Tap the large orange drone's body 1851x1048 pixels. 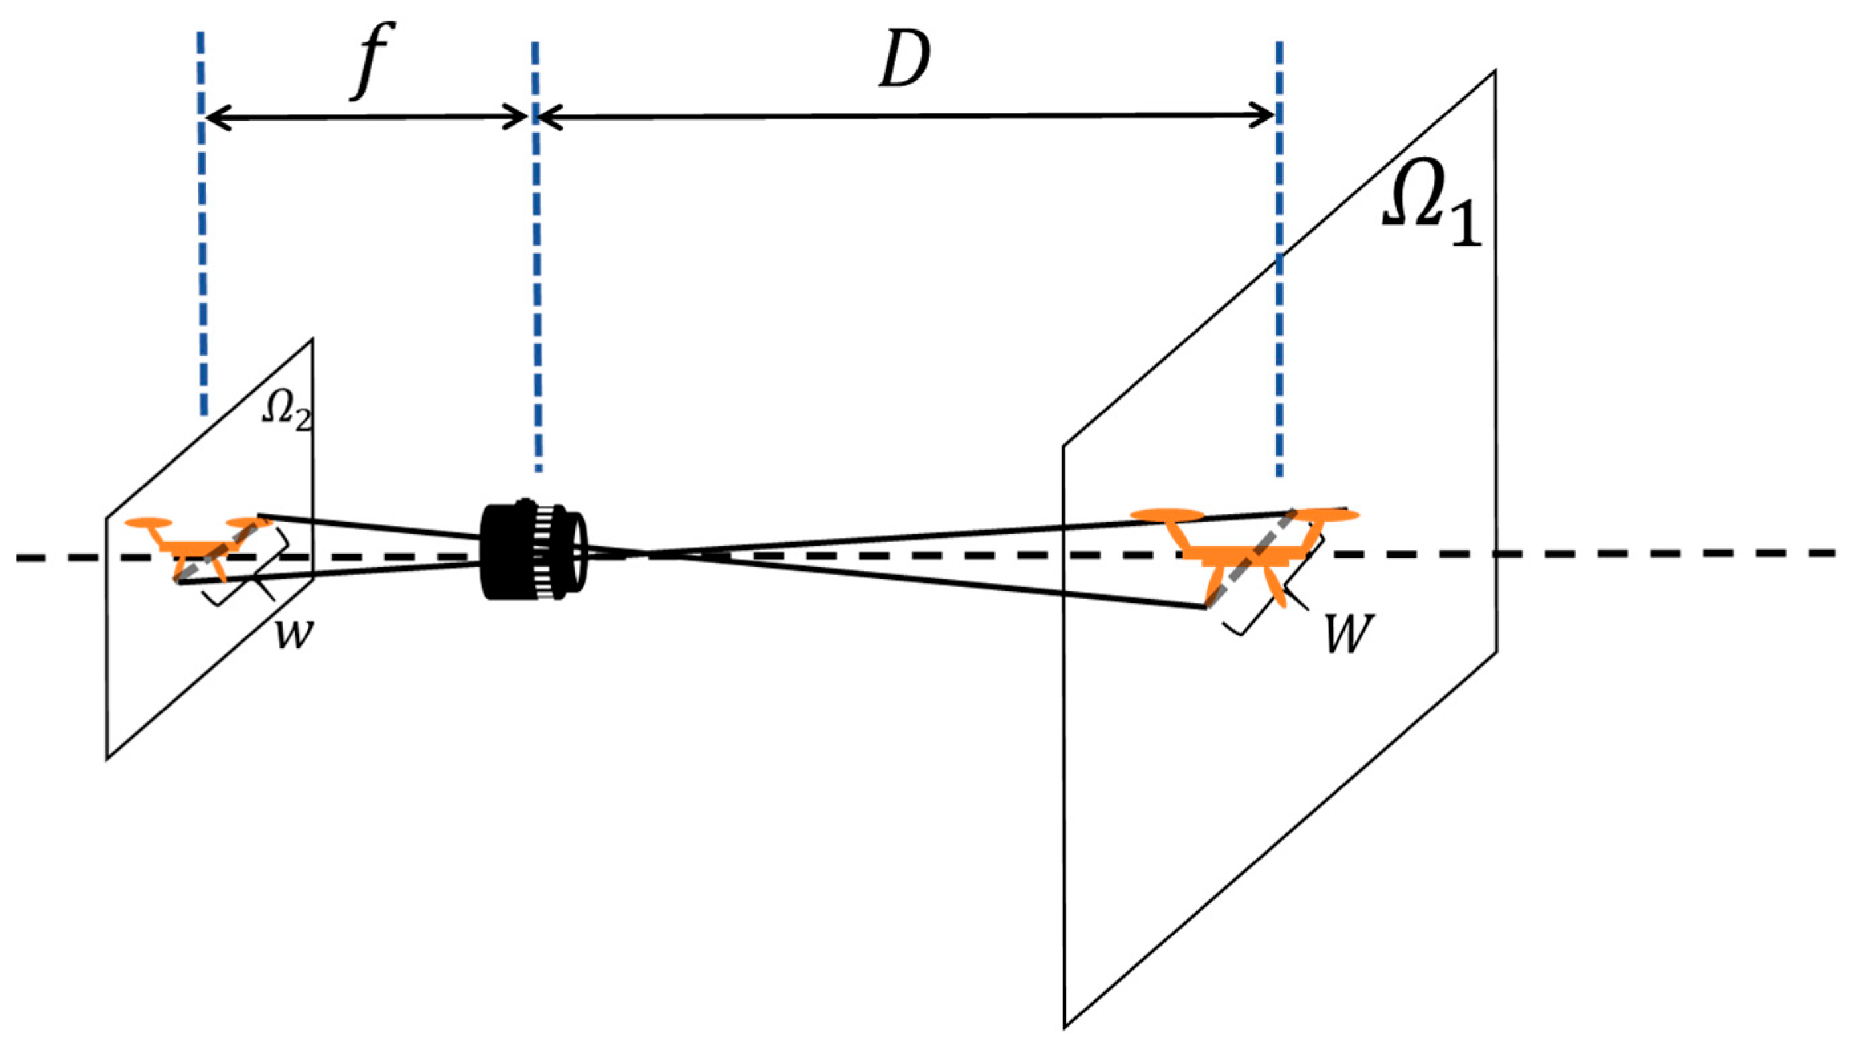pyautogui.click(x=1245, y=554)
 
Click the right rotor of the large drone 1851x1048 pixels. pyautogui.click(x=1328, y=514)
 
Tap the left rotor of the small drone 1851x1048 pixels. pyautogui.click(x=149, y=522)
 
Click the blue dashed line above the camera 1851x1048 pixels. pyautogui.click(x=536, y=288)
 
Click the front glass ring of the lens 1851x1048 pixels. pyautogui.click(x=580, y=551)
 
